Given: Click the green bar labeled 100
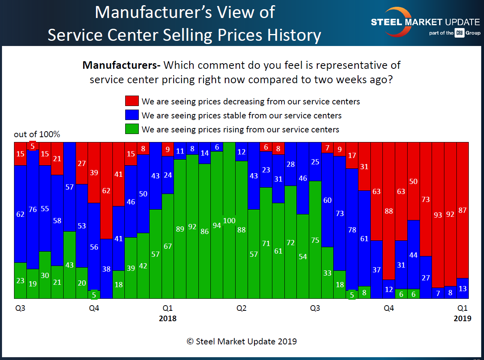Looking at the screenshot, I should (x=229, y=220).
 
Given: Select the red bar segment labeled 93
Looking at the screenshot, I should (x=438, y=215).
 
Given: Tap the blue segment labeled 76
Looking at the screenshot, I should (x=32, y=210).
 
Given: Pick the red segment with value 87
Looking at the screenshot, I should (x=462, y=210).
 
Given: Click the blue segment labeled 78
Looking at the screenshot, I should (x=352, y=229).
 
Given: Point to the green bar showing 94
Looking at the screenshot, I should (x=217, y=225).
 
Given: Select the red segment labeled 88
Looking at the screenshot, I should (x=389, y=211).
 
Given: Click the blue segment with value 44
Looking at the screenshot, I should (x=414, y=254).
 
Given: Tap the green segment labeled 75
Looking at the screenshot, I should (x=315, y=240).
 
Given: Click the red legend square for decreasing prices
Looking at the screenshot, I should (x=132, y=101).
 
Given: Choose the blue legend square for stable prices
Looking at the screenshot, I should (x=132, y=115).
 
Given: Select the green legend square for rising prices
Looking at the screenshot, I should (x=132, y=129).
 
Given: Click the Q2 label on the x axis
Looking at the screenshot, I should (x=241, y=308).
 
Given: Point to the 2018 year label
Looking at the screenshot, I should (x=168, y=319).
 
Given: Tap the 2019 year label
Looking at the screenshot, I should (x=462, y=319).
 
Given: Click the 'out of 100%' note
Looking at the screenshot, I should (x=37, y=134).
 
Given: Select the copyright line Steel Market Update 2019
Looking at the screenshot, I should (x=242, y=341).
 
